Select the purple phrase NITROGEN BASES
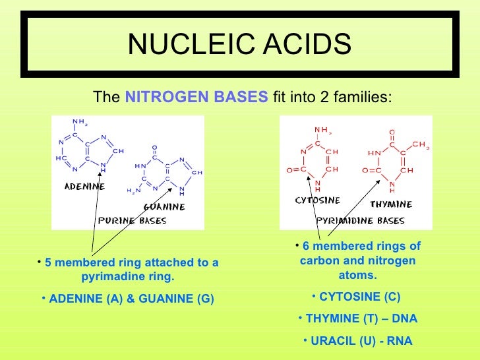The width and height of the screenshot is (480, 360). [x=196, y=98]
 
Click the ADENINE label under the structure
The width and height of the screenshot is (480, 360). [x=84, y=187]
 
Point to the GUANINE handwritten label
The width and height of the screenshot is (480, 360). [x=164, y=206]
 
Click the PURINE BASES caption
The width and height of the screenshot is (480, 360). [x=132, y=220]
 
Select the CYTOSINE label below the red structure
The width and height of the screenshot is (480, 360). [x=317, y=200]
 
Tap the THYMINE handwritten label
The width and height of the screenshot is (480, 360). [x=390, y=204]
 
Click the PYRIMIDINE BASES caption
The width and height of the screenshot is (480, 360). [x=360, y=220]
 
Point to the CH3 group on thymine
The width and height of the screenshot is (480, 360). [x=420, y=145]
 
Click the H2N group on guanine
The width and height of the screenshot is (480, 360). [x=134, y=191]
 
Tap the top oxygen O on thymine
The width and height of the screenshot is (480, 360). [x=392, y=131]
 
